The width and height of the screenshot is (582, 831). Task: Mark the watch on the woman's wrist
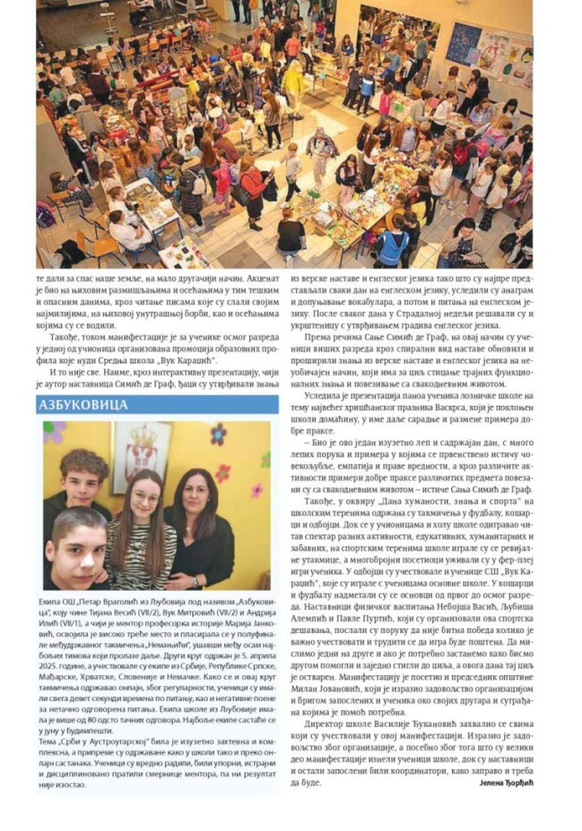point(175,577)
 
